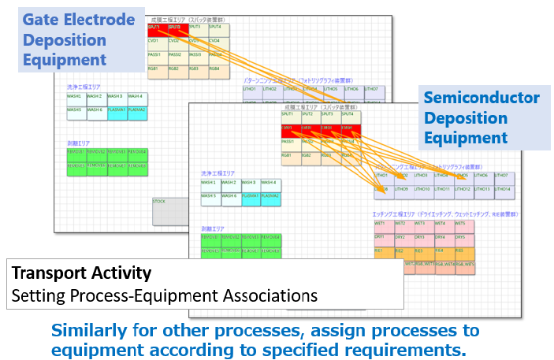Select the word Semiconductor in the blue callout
(x=481, y=98)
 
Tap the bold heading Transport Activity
(x=81, y=273)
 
